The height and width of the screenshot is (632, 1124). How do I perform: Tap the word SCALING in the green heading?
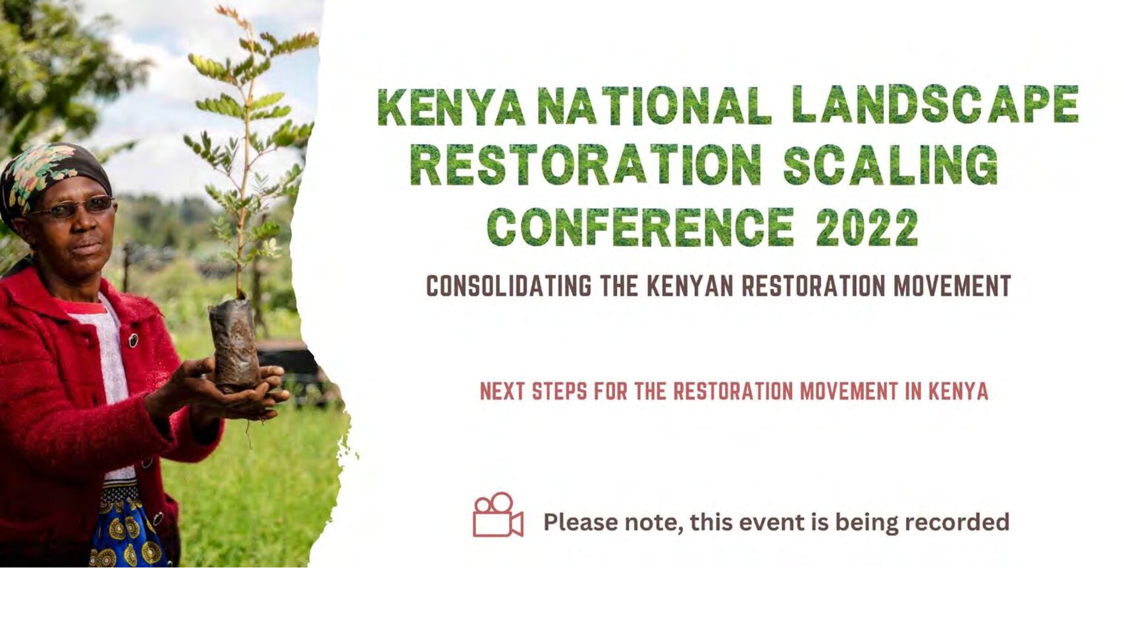click(891, 165)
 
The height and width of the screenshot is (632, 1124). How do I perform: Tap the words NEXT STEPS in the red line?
click(533, 391)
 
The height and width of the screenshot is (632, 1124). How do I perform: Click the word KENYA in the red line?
click(959, 391)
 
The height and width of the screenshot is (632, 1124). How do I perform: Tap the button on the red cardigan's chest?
click(133, 340)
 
